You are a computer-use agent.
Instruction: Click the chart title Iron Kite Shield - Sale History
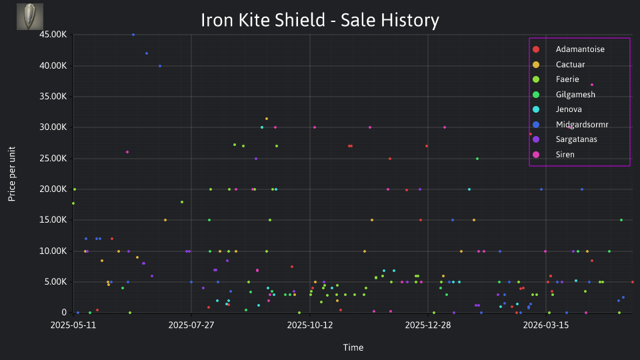click(320, 20)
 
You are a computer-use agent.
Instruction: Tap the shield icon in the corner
click(30, 17)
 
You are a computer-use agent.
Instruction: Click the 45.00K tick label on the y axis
click(53, 35)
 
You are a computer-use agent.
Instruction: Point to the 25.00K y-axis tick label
click(53, 159)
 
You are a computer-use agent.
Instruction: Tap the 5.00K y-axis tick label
click(55, 281)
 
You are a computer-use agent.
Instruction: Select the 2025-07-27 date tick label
click(191, 325)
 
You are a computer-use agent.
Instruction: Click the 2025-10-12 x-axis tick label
click(310, 325)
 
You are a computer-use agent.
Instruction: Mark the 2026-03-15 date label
click(546, 325)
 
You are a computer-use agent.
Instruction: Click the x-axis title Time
click(353, 347)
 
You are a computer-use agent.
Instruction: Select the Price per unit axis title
click(12, 174)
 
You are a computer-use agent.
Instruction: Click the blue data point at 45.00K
click(133, 35)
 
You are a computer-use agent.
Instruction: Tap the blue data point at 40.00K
click(160, 66)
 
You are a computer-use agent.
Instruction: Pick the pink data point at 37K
click(592, 85)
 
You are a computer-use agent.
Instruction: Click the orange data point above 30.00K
click(267, 119)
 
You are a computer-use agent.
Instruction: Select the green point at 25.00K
click(477, 159)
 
